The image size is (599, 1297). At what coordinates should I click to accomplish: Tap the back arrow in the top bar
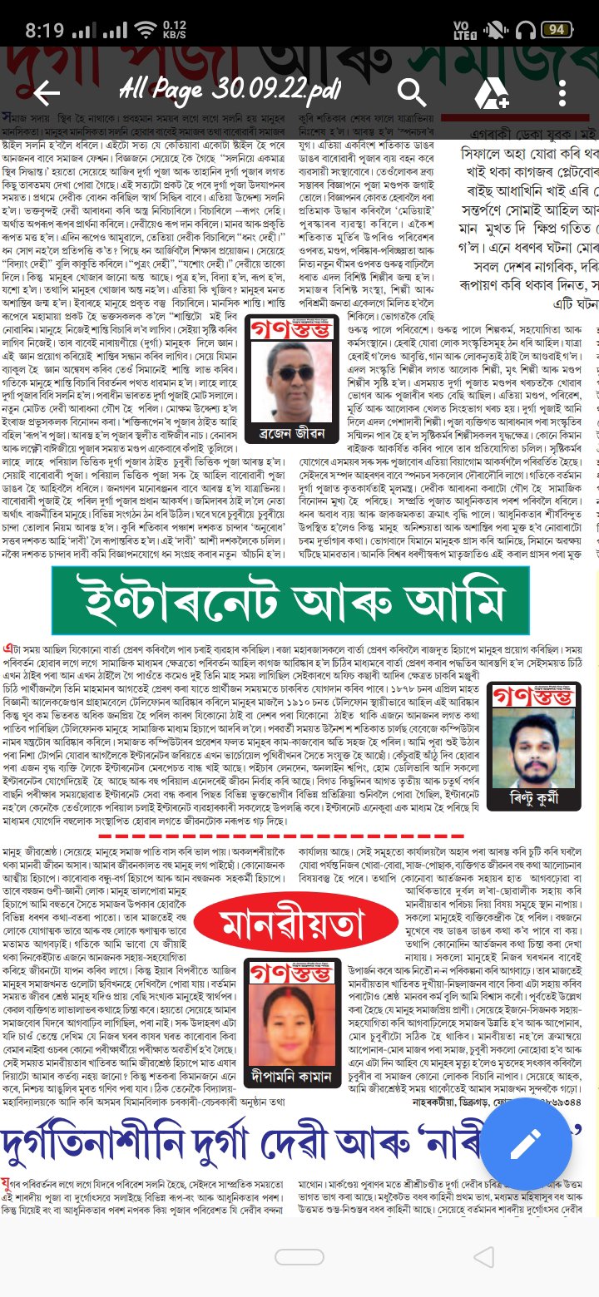tap(47, 93)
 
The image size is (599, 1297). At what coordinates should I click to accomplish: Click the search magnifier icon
tap(412, 92)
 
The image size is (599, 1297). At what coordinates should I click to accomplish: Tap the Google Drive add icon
tap(491, 93)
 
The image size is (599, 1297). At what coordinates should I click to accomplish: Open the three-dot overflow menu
tap(562, 93)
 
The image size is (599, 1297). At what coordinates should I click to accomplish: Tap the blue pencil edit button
tap(526, 1144)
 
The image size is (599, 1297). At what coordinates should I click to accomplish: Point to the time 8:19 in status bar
tap(44, 31)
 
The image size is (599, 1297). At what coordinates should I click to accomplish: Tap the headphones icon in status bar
tap(525, 30)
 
